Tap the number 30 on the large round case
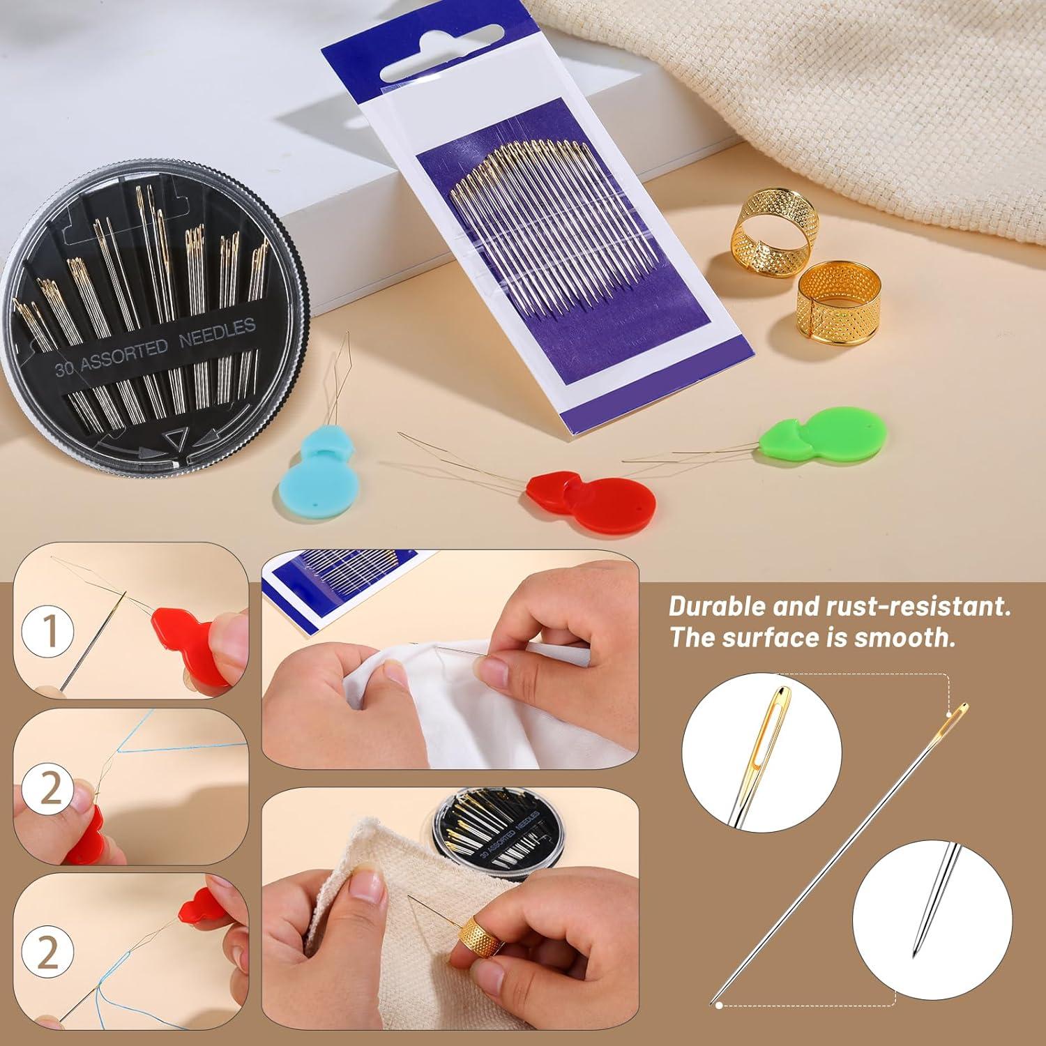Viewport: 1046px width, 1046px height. [x=64, y=368]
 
